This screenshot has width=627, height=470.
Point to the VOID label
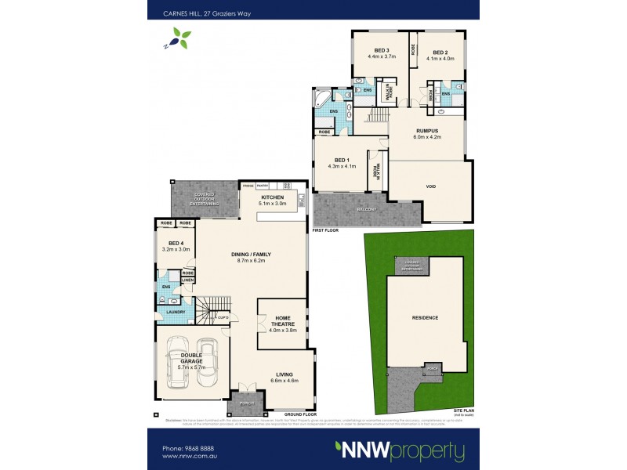click(x=430, y=186)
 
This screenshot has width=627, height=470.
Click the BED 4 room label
click(x=176, y=245)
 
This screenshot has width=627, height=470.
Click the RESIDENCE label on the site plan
click(x=426, y=317)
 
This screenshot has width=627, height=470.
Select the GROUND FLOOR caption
click(x=300, y=413)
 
